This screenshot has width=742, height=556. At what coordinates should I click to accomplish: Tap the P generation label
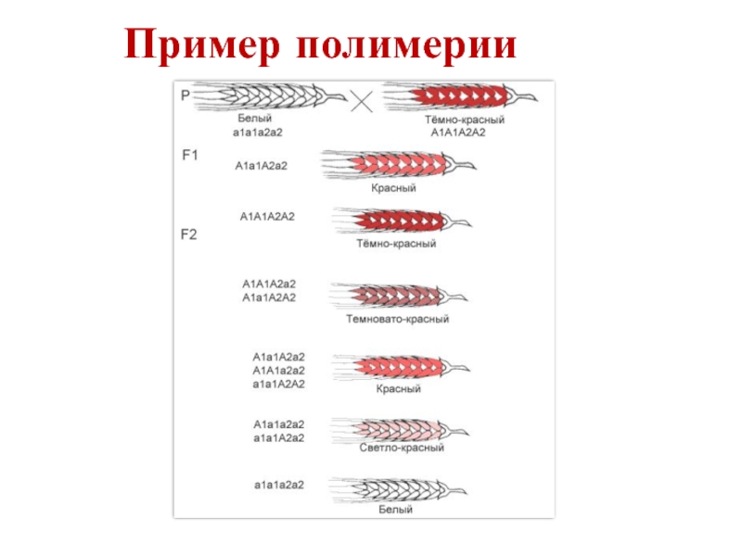coord(185,95)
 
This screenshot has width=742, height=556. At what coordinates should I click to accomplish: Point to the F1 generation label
coord(189,156)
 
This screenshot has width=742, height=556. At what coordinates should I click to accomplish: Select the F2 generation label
coord(188,234)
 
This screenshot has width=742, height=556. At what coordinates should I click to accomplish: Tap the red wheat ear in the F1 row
coord(394,165)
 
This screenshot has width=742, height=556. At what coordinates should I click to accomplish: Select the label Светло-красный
coord(402,448)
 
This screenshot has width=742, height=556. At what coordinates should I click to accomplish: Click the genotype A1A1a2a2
coord(279,370)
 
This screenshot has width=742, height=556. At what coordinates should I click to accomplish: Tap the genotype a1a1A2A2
coord(279,383)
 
